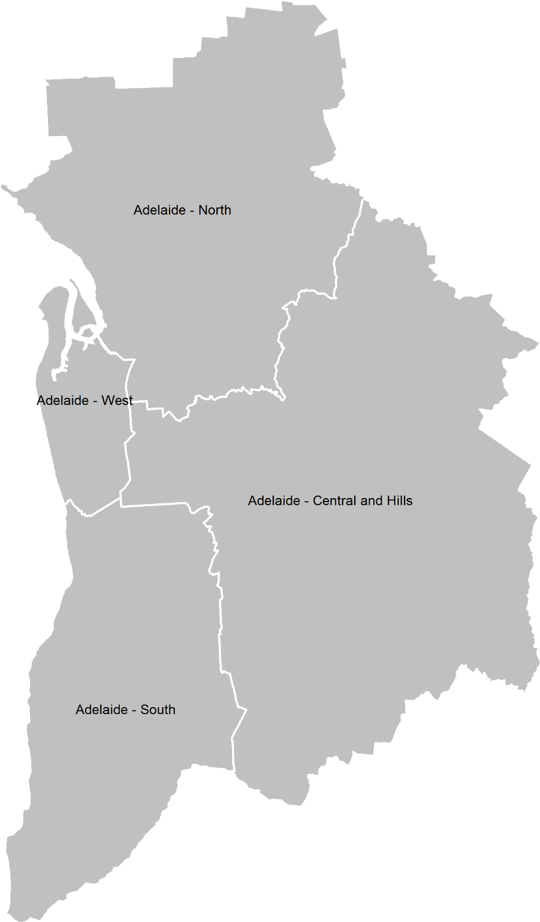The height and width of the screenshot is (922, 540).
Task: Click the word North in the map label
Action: coord(215,210)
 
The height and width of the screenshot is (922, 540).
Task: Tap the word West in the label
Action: coord(117,401)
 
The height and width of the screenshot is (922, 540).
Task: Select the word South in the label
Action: coord(157,710)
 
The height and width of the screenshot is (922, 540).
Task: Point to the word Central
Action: coord(335,501)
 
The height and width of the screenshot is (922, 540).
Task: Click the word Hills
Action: coord(399,501)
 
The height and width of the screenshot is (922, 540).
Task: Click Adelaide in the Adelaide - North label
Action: coord(158,210)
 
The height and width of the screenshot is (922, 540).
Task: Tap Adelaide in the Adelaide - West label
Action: coord(63,401)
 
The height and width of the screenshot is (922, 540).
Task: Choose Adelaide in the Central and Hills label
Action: coord(273,501)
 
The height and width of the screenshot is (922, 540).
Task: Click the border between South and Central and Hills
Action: coord(221,625)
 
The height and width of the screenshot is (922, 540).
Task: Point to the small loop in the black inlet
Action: coord(88,332)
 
